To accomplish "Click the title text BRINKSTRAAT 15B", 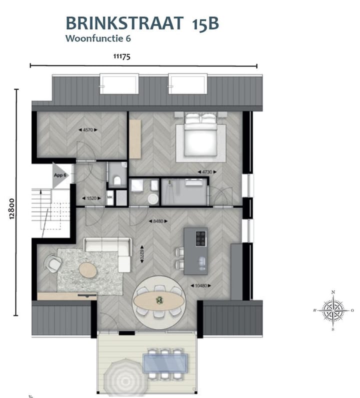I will coord(142,23).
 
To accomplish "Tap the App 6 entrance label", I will coord(61,175).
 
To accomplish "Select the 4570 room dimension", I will coord(87,130).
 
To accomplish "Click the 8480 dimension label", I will coord(158,220).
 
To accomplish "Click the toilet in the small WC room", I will coord(117,180).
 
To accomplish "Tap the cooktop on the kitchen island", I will coord(200,238).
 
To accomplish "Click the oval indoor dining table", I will coord(157,300).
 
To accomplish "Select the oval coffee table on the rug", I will coord(88,270).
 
